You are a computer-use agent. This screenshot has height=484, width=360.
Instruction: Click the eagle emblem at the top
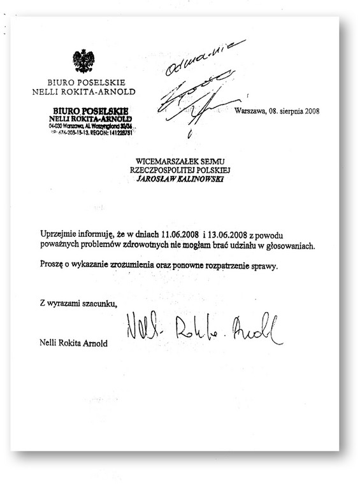pos(83,61)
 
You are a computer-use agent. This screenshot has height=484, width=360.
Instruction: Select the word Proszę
pos(51,265)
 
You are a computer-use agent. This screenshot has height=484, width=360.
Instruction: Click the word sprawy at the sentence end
pos(264,265)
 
